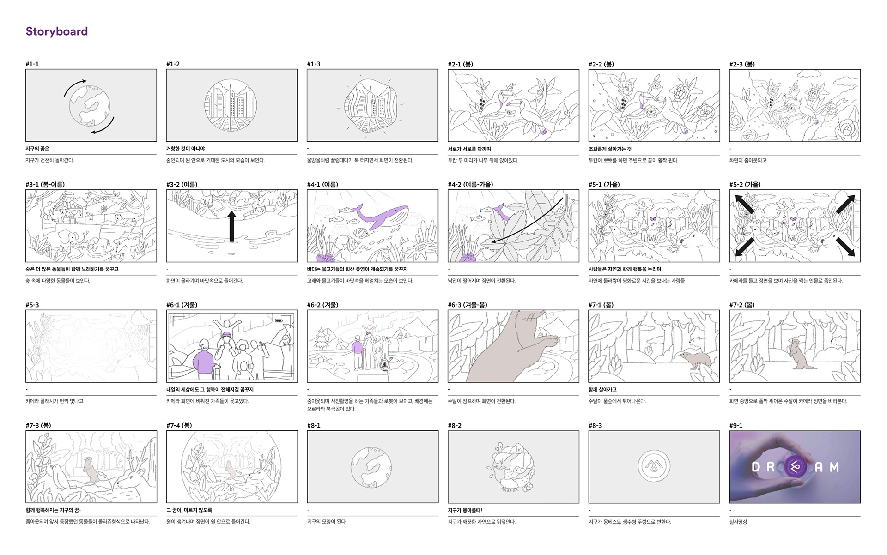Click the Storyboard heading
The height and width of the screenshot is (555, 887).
pos(56,31)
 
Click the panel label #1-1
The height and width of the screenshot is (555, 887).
pos(32,64)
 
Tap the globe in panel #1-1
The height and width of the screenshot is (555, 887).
pos(90,106)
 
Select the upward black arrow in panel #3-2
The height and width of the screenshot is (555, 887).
pos(232,227)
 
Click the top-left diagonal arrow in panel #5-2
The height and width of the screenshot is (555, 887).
pos(745,204)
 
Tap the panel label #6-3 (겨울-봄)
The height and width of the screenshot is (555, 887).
pos(467,305)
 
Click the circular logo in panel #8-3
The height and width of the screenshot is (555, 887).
pos(654,466)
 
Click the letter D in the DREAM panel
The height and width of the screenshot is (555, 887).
pos(756,467)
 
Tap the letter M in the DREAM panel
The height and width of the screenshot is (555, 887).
pos(834,467)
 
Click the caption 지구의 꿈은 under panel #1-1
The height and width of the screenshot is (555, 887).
pos(37,149)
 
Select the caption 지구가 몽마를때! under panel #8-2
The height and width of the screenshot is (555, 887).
pos(465,510)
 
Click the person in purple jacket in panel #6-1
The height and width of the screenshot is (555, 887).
pos(204,358)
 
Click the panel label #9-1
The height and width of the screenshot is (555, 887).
pos(736,426)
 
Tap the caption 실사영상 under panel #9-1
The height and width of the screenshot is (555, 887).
pos(738,522)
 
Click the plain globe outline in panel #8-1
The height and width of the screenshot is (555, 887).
pos(371,466)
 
